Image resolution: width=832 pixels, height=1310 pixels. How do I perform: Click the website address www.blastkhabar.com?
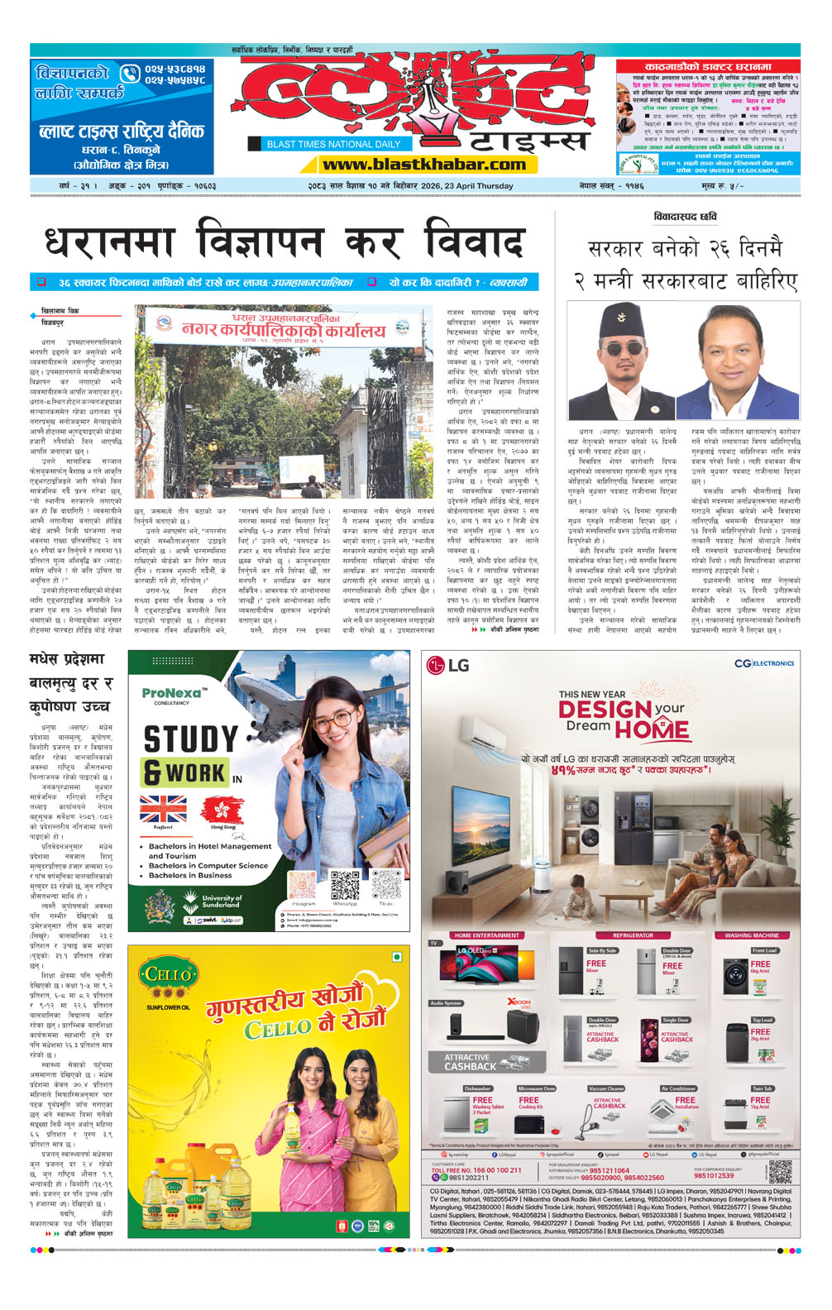pyautogui.click(x=423, y=165)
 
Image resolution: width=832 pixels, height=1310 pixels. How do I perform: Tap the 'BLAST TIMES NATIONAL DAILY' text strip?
pyautogui.click(x=332, y=144)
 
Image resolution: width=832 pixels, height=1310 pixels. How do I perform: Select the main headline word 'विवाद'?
pyautogui.click(x=473, y=242)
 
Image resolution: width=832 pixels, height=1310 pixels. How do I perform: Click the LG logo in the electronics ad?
pyautogui.click(x=447, y=664)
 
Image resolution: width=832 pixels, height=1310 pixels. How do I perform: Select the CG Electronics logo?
pyautogui.click(x=763, y=663)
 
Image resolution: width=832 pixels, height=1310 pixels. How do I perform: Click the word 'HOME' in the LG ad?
pyautogui.click(x=652, y=729)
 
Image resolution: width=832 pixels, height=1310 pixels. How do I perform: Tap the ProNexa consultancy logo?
pyautogui.click(x=172, y=694)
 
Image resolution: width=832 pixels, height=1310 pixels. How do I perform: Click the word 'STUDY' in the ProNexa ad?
pyautogui.click(x=190, y=739)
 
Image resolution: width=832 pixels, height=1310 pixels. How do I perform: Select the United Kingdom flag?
pyautogui.click(x=163, y=808)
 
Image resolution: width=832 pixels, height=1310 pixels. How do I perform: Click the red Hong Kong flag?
pyautogui.click(x=222, y=808)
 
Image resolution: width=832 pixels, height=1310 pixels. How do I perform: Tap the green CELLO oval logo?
pyautogui.click(x=168, y=977)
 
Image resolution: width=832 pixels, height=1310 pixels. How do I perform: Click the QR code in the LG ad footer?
pyautogui.click(x=779, y=1171)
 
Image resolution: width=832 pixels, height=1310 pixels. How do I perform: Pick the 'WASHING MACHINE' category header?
pyautogui.click(x=751, y=935)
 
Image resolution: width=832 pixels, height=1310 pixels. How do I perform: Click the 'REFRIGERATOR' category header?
pyautogui.click(x=633, y=935)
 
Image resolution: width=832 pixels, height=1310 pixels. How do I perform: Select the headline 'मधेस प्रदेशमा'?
pyautogui.click(x=67, y=659)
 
